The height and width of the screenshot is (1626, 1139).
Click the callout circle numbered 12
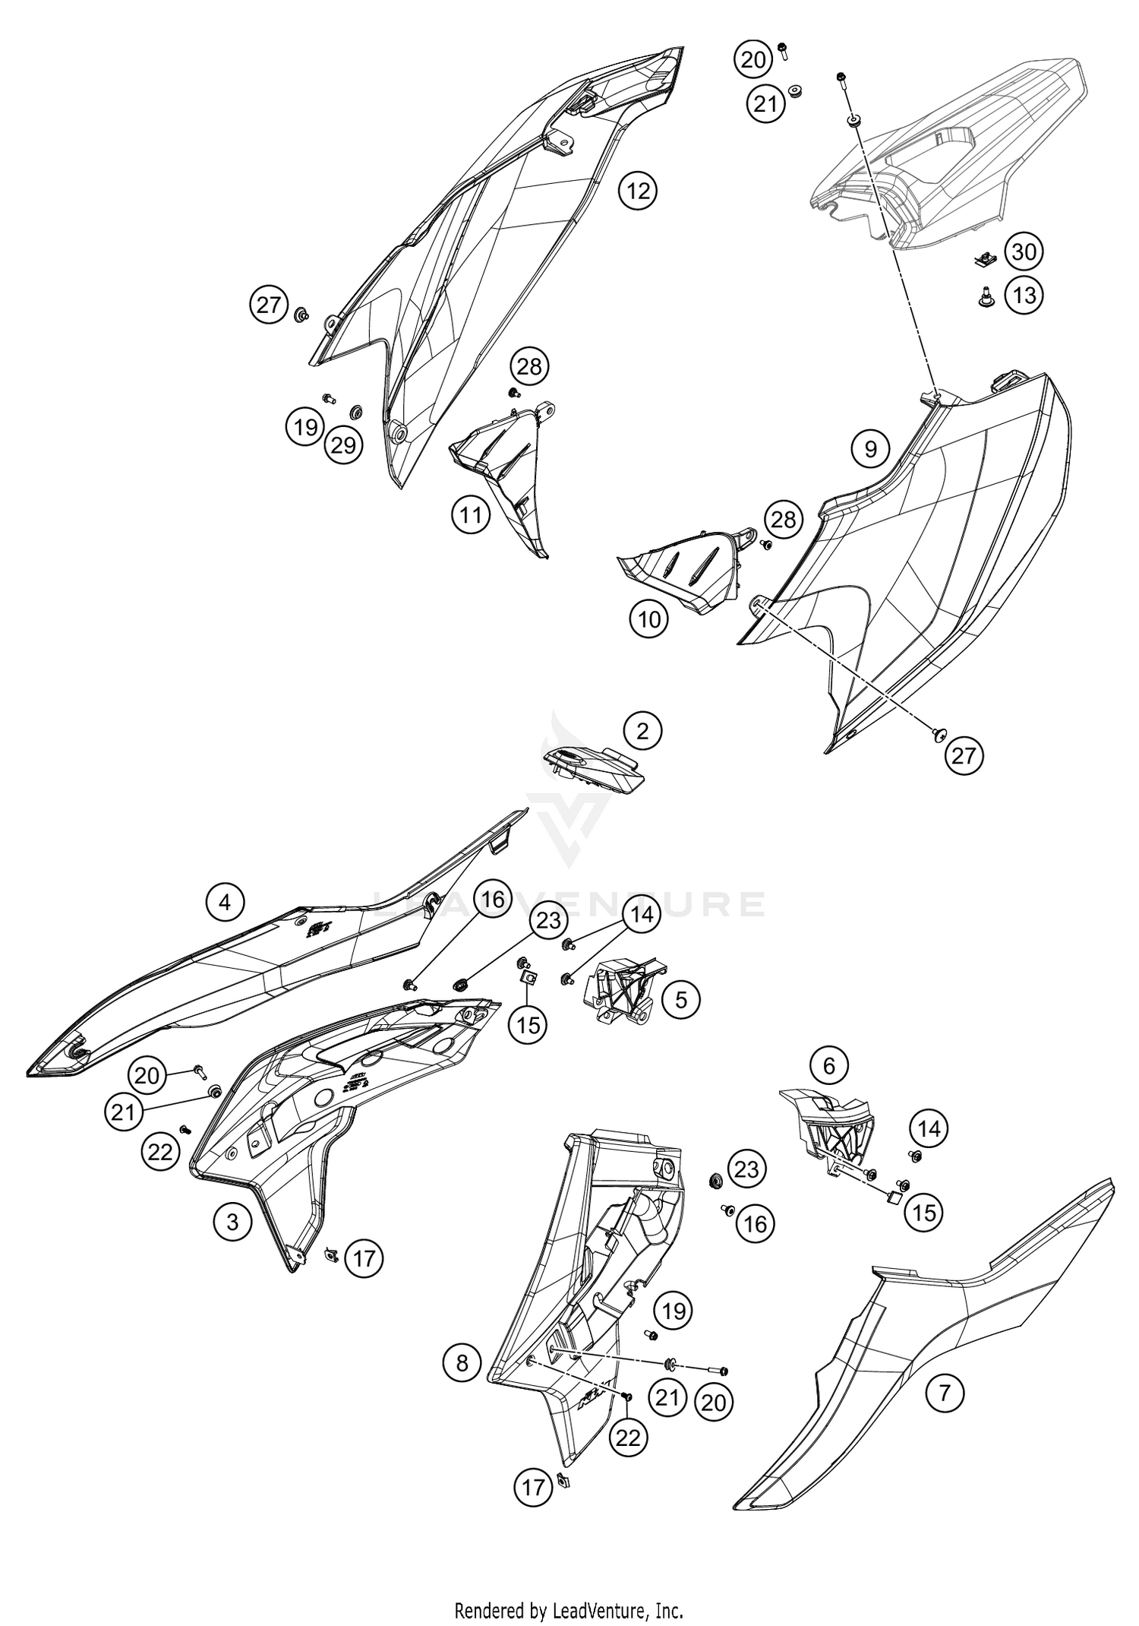[639, 191]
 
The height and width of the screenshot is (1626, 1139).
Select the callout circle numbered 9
[870, 449]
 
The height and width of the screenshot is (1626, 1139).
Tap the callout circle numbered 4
[225, 902]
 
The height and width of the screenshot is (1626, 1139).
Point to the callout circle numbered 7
[945, 1393]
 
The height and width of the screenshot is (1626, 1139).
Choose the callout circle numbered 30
[1024, 251]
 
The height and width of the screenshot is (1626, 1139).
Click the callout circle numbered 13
[1024, 295]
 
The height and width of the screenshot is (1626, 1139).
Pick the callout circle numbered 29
[343, 445]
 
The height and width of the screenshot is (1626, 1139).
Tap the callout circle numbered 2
[643, 731]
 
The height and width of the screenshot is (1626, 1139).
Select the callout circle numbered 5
[680, 1000]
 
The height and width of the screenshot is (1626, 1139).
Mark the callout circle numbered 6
[828, 1066]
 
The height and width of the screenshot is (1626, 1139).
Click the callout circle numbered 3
[232, 1221]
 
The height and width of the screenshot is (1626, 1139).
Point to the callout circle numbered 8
[462, 1362]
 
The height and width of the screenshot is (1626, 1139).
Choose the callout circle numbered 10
[648, 620]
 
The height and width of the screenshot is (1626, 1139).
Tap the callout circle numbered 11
[471, 515]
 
